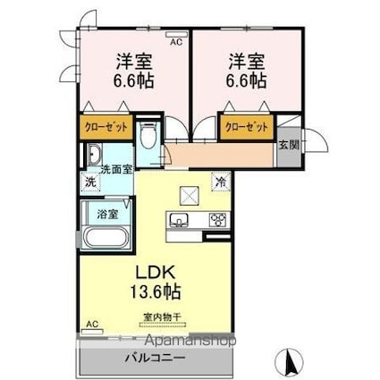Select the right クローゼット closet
(x=246, y=128)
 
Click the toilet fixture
(x=149, y=137)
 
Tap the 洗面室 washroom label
(x=115, y=168)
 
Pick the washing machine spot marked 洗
(x=89, y=183)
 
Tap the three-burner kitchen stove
(x=217, y=220)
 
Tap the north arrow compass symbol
(x=290, y=364)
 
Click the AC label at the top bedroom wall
(x=174, y=41)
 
